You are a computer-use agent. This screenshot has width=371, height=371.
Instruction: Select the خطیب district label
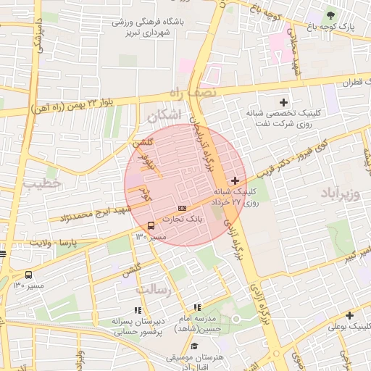pyautogui.click(x=42, y=184)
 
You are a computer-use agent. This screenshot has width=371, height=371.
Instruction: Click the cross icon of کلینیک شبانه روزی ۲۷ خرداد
pyautogui.click(x=235, y=180)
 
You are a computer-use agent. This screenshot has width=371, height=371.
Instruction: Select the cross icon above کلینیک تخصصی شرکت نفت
pyautogui.click(x=283, y=102)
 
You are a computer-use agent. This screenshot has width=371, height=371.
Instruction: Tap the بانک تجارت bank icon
pyautogui.click(x=182, y=208)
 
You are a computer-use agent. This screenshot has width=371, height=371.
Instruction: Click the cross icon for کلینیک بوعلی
pyautogui.click(x=350, y=315)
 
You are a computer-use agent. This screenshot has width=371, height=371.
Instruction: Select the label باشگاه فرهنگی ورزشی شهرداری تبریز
pyautogui.click(x=149, y=28)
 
